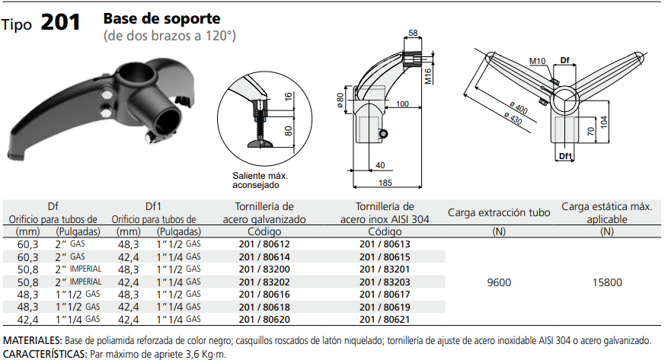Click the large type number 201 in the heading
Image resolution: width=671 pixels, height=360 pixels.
60,22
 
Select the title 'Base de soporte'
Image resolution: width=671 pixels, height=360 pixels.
161,18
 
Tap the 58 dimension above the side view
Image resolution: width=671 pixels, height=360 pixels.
413,33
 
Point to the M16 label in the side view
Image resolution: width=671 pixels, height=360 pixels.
428,76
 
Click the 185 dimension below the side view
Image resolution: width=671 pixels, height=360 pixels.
385,183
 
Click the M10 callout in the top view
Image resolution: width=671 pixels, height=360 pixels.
537,61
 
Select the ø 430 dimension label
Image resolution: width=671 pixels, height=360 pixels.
513,117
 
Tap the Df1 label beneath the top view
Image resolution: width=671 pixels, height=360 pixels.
565,156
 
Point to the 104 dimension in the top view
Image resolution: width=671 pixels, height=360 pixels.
604,122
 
